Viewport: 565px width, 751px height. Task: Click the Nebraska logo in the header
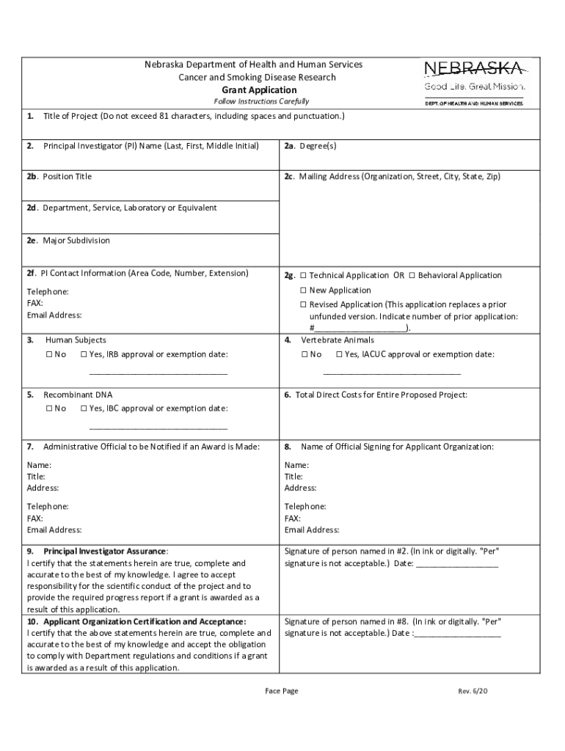[x=473, y=81]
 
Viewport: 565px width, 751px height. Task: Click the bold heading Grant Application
[x=253, y=89]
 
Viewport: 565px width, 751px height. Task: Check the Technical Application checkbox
[x=303, y=276]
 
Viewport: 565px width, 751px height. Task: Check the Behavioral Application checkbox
[x=412, y=276]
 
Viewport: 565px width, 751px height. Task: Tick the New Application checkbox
[x=303, y=290]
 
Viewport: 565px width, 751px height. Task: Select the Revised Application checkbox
[x=303, y=304]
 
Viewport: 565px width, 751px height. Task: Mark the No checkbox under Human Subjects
[x=48, y=355]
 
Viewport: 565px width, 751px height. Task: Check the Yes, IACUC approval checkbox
[x=339, y=355]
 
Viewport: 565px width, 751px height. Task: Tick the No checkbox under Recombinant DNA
[x=48, y=409]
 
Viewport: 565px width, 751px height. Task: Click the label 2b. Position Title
[x=59, y=177]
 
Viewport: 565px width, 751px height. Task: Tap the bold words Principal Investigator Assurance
[x=105, y=551]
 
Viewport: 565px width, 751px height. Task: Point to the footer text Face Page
[x=282, y=691]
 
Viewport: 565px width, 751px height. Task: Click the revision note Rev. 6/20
[x=473, y=691]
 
